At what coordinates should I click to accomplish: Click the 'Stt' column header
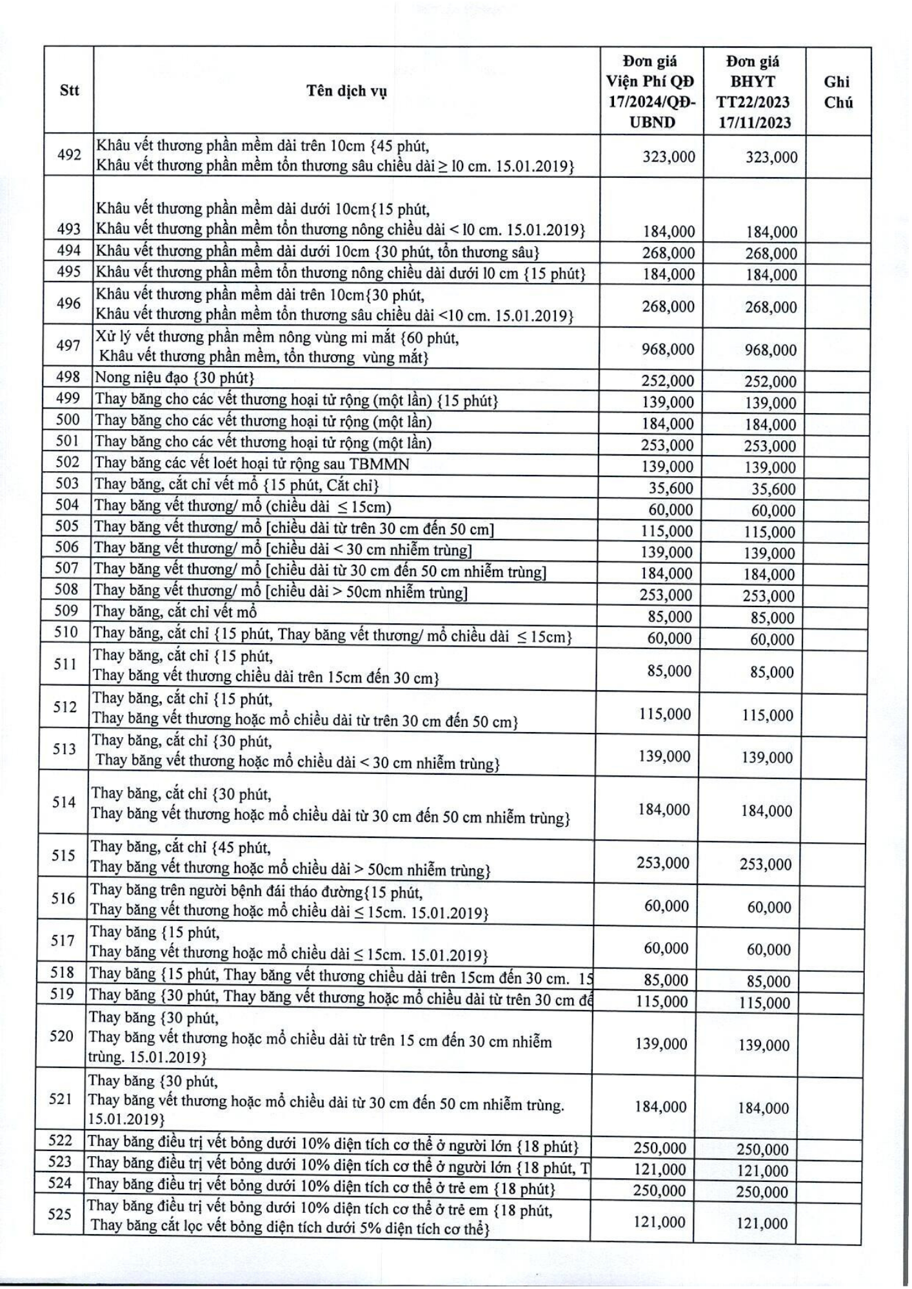(x=69, y=90)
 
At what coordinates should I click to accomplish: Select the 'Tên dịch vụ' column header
(x=346, y=91)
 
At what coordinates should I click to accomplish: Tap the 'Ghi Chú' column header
(x=838, y=92)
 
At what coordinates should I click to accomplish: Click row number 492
(x=69, y=155)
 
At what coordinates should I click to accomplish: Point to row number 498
(x=68, y=377)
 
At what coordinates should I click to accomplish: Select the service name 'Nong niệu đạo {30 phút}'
(x=175, y=378)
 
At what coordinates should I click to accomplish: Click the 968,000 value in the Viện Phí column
(x=668, y=349)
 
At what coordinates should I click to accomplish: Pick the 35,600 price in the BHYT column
(x=773, y=489)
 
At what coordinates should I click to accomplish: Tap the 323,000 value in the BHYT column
(x=771, y=157)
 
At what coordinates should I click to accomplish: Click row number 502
(x=68, y=463)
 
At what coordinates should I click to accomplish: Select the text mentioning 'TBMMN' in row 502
(x=252, y=463)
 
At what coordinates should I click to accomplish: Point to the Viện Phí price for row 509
(x=669, y=617)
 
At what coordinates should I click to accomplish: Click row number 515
(x=64, y=856)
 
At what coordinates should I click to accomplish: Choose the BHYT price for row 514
(x=766, y=811)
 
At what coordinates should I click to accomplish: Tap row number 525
(x=59, y=1214)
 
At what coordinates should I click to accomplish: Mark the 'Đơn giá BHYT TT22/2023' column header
(x=754, y=92)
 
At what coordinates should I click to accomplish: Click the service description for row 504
(x=243, y=507)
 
